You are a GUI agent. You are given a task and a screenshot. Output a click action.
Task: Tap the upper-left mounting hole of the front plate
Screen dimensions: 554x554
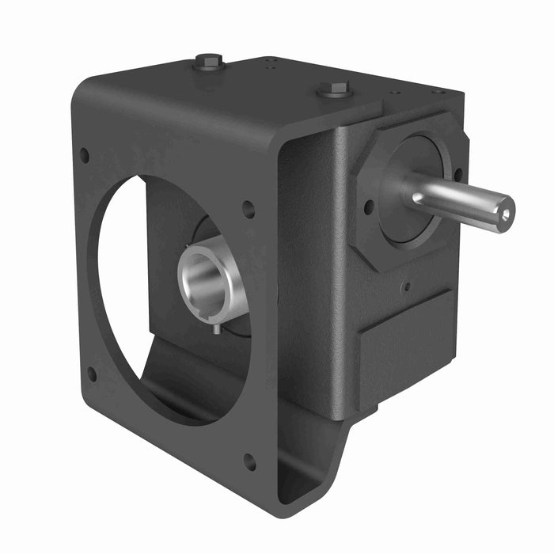point(84,156)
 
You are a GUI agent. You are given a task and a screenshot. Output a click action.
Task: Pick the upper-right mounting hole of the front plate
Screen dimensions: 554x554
point(249,210)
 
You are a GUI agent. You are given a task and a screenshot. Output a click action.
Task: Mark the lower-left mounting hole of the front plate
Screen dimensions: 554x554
point(92,374)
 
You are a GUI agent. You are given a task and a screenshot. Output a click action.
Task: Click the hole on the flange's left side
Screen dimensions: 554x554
point(369,207)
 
